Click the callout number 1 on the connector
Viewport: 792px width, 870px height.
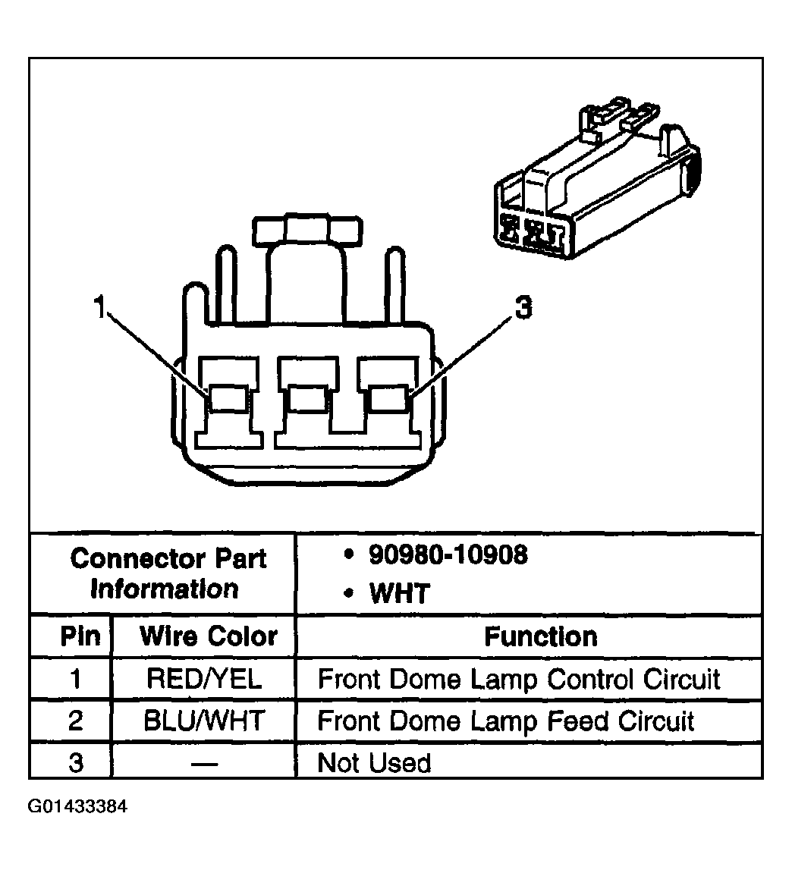[x=98, y=308]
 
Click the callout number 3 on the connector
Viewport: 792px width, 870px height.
[x=523, y=308]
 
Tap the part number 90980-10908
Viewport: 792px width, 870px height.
[x=448, y=554]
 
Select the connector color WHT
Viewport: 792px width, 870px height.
[x=399, y=593]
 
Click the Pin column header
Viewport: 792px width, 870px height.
[x=80, y=636]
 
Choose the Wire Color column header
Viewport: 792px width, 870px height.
[x=208, y=636]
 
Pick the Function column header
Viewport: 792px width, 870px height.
[x=540, y=636]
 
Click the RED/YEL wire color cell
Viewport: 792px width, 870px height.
[x=203, y=678]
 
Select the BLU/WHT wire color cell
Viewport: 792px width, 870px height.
[x=203, y=720]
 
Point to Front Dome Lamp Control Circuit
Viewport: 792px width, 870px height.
[x=519, y=678]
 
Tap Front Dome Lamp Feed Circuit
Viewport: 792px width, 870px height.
[x=506, y=720]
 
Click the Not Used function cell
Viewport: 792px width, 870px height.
[x=374, y=762]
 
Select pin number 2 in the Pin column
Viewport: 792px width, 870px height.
[x=74, y=720]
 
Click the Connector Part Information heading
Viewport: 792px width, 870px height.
[x=168, y=573]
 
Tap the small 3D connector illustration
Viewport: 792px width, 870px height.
[x=596, y=190]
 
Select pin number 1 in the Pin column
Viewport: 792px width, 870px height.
[x=74, y=678]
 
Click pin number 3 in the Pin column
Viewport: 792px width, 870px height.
[x=74, y=762]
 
